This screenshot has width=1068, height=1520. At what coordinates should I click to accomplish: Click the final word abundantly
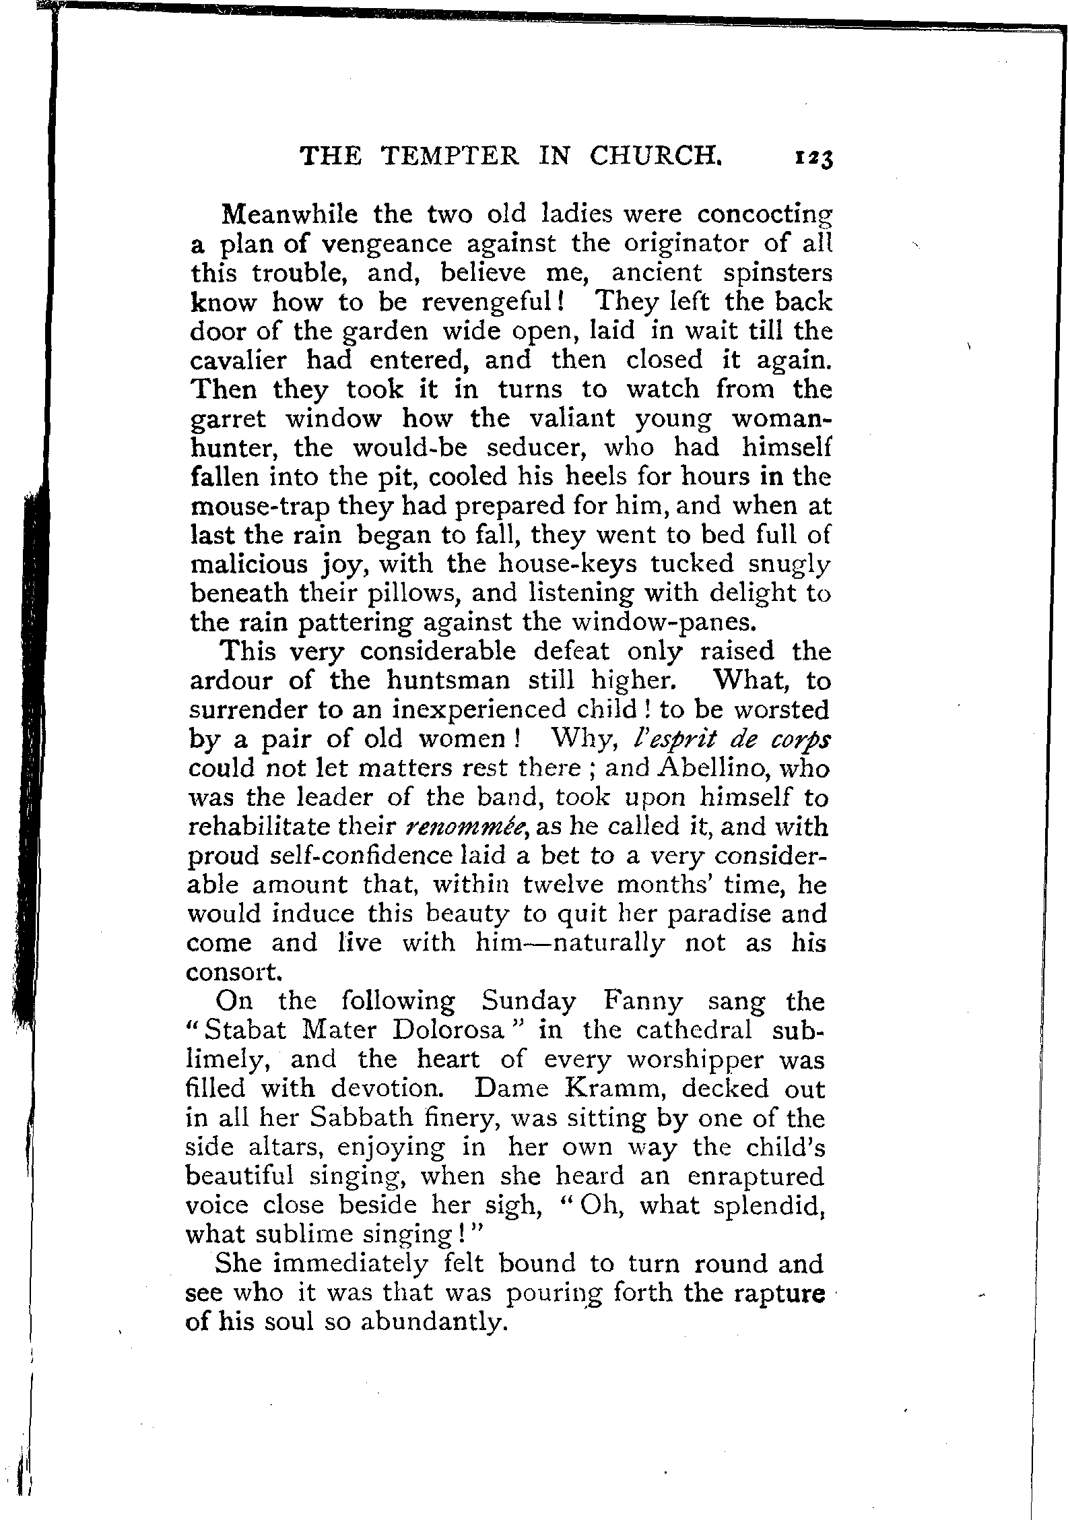433,1323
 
